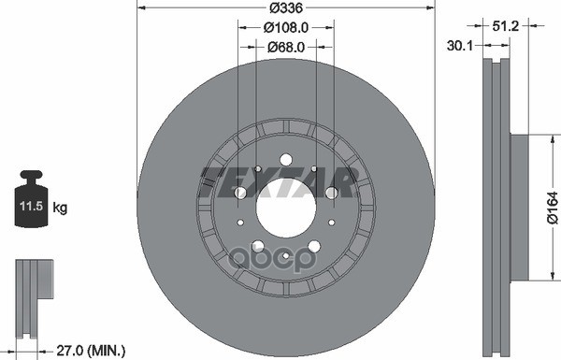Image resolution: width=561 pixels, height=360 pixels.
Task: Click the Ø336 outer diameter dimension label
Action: coord(286,7)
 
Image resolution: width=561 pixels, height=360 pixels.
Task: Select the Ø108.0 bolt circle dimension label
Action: coord(286,27)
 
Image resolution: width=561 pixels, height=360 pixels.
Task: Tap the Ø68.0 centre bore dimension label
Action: coord(286,47)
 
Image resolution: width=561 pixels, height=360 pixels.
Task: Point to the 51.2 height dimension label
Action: coord(505,26)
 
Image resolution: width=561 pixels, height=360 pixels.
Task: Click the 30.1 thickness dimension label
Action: coord(460,46)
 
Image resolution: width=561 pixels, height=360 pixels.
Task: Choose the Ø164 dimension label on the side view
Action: coord(553,208)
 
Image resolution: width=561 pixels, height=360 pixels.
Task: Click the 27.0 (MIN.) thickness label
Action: coord(91,350)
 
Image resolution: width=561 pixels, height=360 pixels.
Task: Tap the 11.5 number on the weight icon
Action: coord(32,206)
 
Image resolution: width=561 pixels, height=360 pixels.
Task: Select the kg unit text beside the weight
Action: coord(60,208)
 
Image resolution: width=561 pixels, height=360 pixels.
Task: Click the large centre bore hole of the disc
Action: coord(286,208)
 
